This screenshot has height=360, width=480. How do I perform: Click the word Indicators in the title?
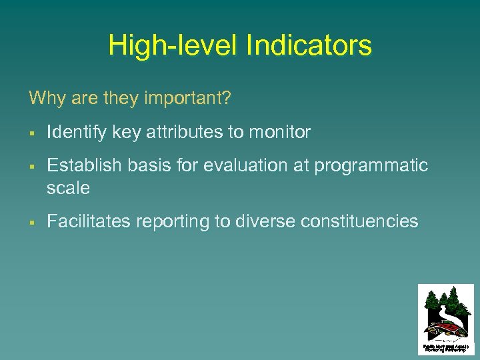[x=309, y=45]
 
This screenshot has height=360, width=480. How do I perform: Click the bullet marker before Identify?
[x=32, y=133]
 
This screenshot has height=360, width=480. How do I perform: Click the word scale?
[x=68, y=188]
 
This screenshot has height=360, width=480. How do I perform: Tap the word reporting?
[x=173, y=221]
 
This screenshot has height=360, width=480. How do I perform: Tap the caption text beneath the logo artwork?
[x=446, y=348]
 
